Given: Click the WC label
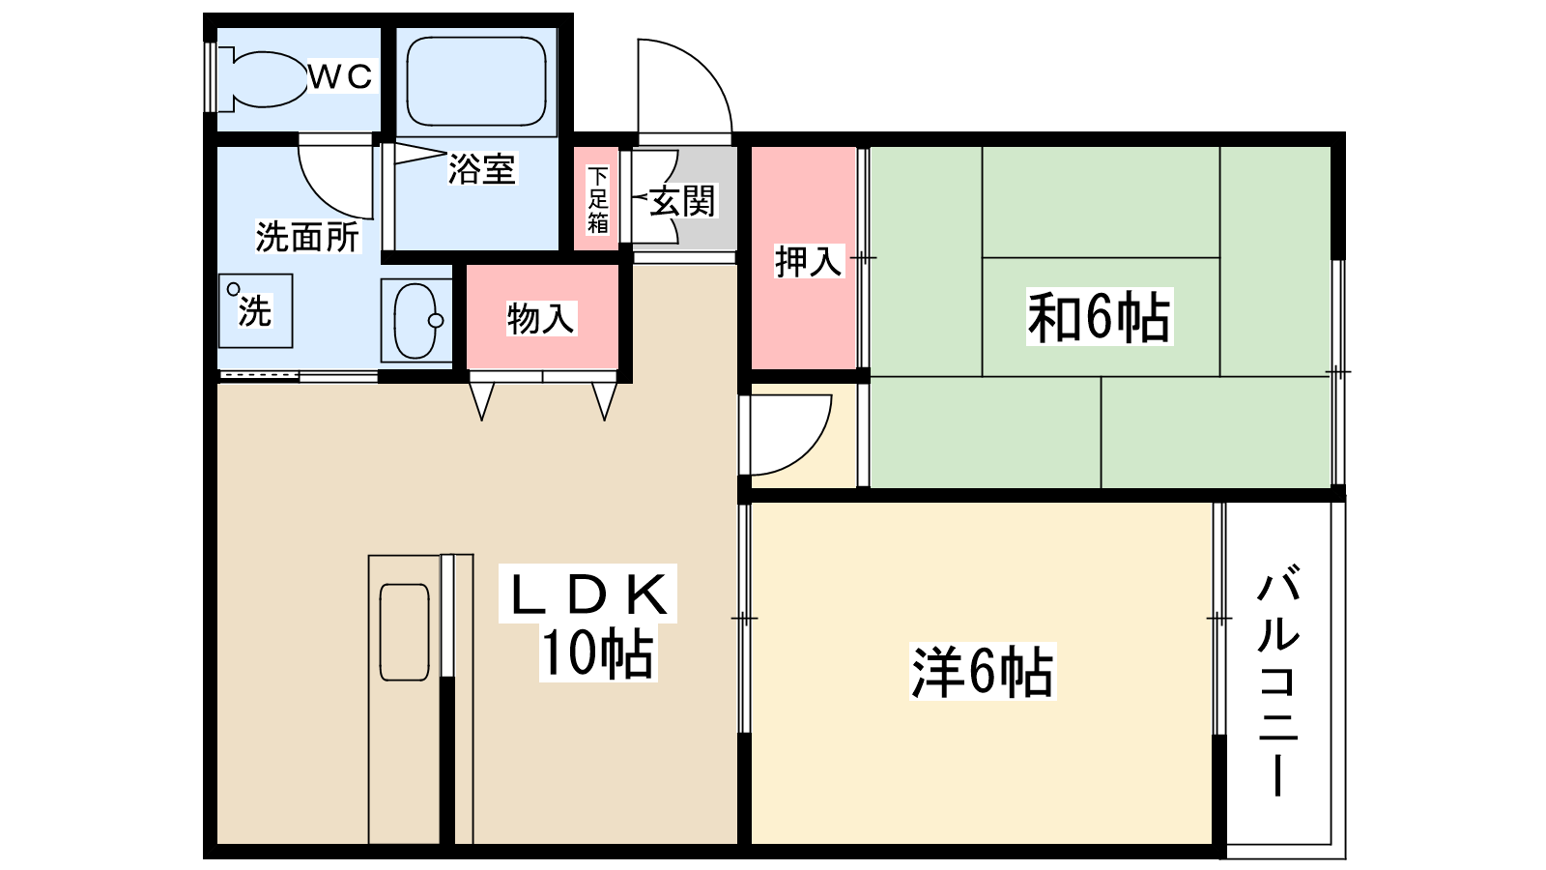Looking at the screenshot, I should click(341, 76).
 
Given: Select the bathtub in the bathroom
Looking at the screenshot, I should click(475, 81).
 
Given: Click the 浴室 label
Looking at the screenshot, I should click(481, 169).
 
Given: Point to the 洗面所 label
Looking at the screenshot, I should click(306, 237).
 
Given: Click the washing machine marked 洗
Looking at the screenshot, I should click(255, 310).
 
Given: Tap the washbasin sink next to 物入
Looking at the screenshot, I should click(415, 320).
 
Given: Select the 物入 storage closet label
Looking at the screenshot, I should click(540, 317).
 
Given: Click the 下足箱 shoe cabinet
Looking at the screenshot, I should click(597, 199).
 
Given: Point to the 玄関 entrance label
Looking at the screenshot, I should click(682, 201).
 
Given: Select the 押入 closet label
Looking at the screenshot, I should click(808, 261).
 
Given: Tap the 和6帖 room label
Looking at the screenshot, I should click(1099, 317).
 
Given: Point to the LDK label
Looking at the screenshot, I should click(588, 595).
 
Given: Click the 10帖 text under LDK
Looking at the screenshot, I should click(596, 653).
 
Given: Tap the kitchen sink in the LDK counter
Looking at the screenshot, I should click(405, 631).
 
